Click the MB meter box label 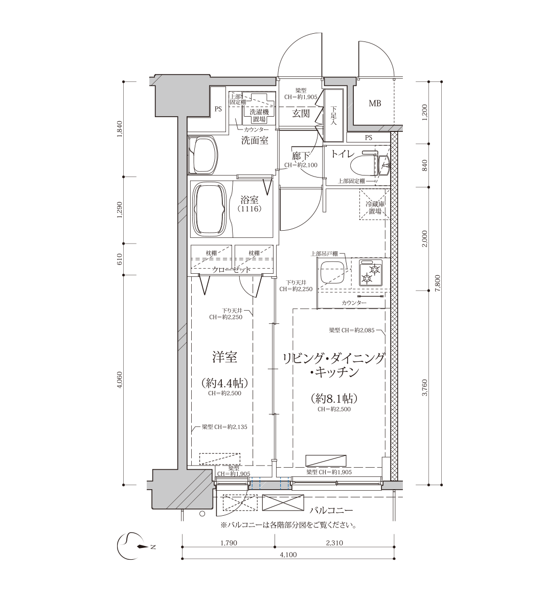pyautogui.click(x=375, y=103)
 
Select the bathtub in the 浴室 pyautogui.click(x=210, y=209)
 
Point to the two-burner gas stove pyautogui.click(x=371, y=273)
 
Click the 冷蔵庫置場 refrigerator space pyautogui.click(x=375, y=204)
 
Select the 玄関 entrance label pyautogui.click(x=301, y=114)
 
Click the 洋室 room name pyautogui.click(x=224, y=357)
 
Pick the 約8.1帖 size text pyautogui.click(x=334, y=398)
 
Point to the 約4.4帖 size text pyautogui.click(x=224, y=383)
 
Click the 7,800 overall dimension pyautogui.click(x=437, y=283)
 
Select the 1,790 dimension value pyautogui.click(x=229, y=542)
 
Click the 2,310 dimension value pyautogui.click(x=334, y=542)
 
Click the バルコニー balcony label pyautogui.click(x=331, y=511)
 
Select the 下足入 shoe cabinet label pyautogui.click(x=333, y=116)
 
